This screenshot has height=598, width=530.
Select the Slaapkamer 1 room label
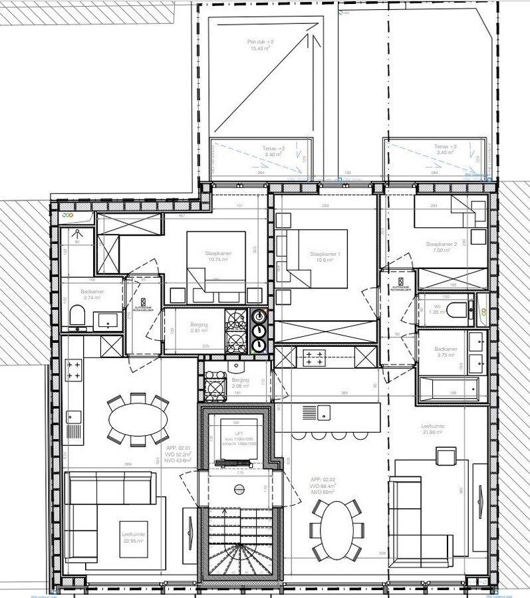click(325, 254)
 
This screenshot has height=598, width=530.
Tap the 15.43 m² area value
click(257, 49)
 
